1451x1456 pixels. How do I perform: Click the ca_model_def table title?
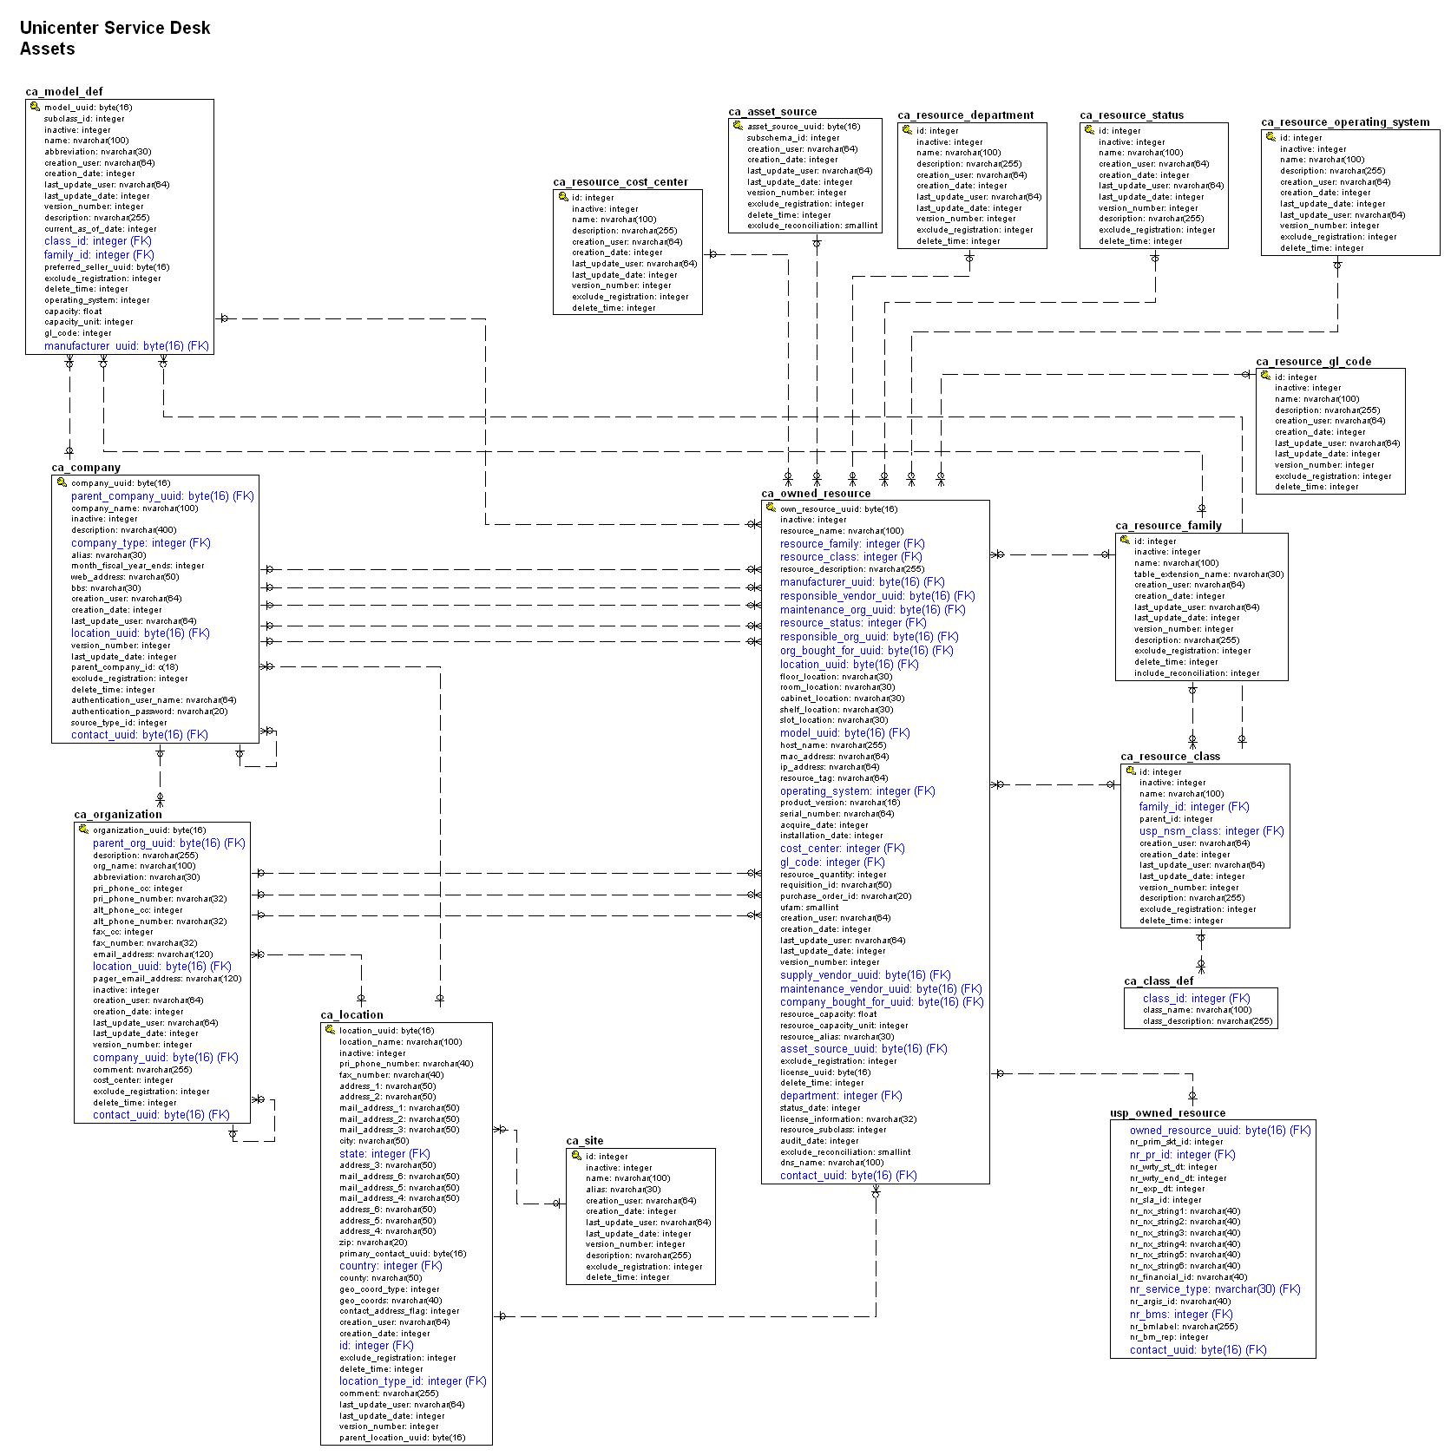tap(64, 92)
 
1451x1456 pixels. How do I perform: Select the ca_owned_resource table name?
tap(816, 494)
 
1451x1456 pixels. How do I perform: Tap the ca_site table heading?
tap(585, 1141)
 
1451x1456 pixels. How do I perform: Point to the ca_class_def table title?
tap(1159, 981)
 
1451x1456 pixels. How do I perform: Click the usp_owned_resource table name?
tap(1167, 1113)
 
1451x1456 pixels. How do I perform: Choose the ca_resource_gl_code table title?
tap(1313, 362)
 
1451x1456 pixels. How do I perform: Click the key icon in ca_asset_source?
tap(737, 126)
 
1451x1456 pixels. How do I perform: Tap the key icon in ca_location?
tap(330, 1030)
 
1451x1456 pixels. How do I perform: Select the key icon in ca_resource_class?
tap(1129, 771)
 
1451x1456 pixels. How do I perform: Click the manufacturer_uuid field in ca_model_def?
tap(127, 346)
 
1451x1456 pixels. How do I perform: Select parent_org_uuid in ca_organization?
tap(169, 843)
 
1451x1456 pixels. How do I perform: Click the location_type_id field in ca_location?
tap(412, 1381)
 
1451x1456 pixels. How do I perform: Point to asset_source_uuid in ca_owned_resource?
tap(863, 1049)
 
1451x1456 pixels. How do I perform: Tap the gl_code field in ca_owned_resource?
tap(832, 862)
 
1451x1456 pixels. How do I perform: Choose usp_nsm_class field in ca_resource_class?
tap(1211, 831)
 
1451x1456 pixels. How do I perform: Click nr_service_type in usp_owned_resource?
tap(1215, 1289)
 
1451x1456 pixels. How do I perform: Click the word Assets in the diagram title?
tap(48, 49)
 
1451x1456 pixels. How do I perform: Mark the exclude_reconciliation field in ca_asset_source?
tap(811, 226)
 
